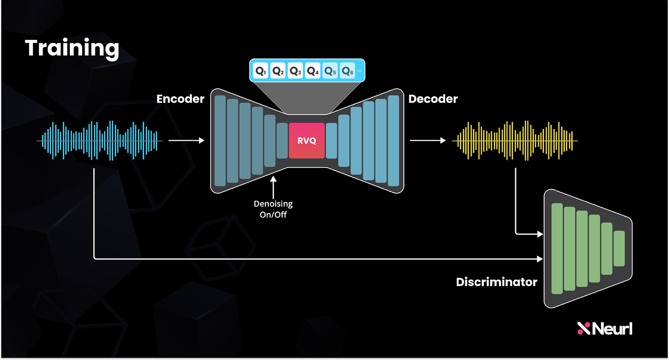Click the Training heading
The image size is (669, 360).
coord(72,48)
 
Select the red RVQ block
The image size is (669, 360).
coord(307,141)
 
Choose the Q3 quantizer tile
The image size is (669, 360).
coord(296,71)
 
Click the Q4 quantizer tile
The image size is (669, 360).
coord(313,71)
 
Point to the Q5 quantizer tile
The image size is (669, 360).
coord(330,71)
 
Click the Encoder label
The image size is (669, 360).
coord(180,99)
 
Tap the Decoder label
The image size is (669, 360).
coord(433,99)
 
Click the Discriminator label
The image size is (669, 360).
coord(496,281)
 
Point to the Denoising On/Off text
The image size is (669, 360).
coord(274,209)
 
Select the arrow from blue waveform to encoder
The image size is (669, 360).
coord(186,141)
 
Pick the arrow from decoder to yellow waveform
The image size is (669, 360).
coord(427,141)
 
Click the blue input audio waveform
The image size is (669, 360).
coord(99,141)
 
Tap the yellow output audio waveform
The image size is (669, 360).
coord(515,141)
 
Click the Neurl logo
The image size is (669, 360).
coord(604,328)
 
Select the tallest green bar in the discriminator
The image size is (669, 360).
coord(557,248)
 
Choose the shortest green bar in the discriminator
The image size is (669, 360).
coord(619,248)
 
